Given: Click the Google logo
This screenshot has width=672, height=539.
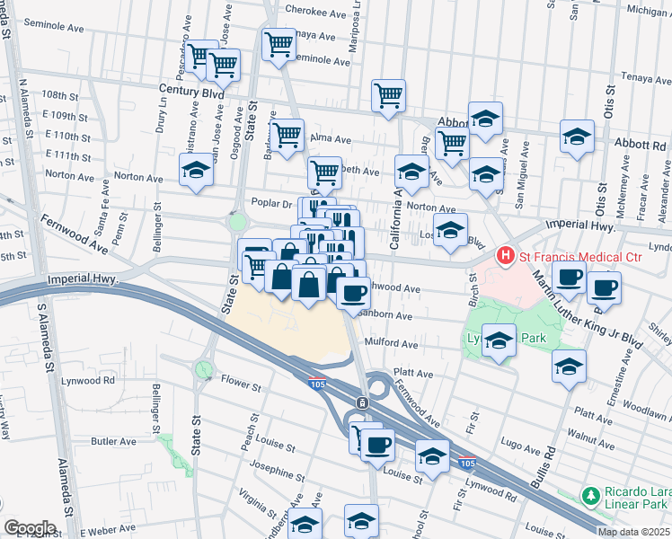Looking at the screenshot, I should [x=29, y=527].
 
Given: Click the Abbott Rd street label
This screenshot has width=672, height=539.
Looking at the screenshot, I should [x=640, y=145].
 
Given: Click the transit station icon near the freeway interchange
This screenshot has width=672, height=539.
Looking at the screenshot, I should [x=361, y=402].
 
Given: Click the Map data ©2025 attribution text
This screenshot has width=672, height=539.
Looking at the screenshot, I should [x=633, y=532].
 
